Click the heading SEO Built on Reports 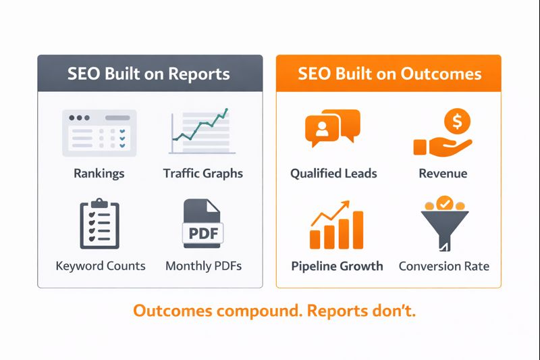[148, 74]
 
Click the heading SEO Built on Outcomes [389, 74]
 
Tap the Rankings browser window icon [99, 132]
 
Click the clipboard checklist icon [99, 224]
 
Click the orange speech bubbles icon [332, 128]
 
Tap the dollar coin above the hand [457, 122]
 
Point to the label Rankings [99, 174]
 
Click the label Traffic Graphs [203, 174]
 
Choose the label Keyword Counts [101, 265]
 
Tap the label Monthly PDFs [203, 265]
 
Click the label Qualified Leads [333, 174]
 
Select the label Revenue [443, 174]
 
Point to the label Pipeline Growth [337, 265]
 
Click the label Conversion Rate [443, 265]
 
